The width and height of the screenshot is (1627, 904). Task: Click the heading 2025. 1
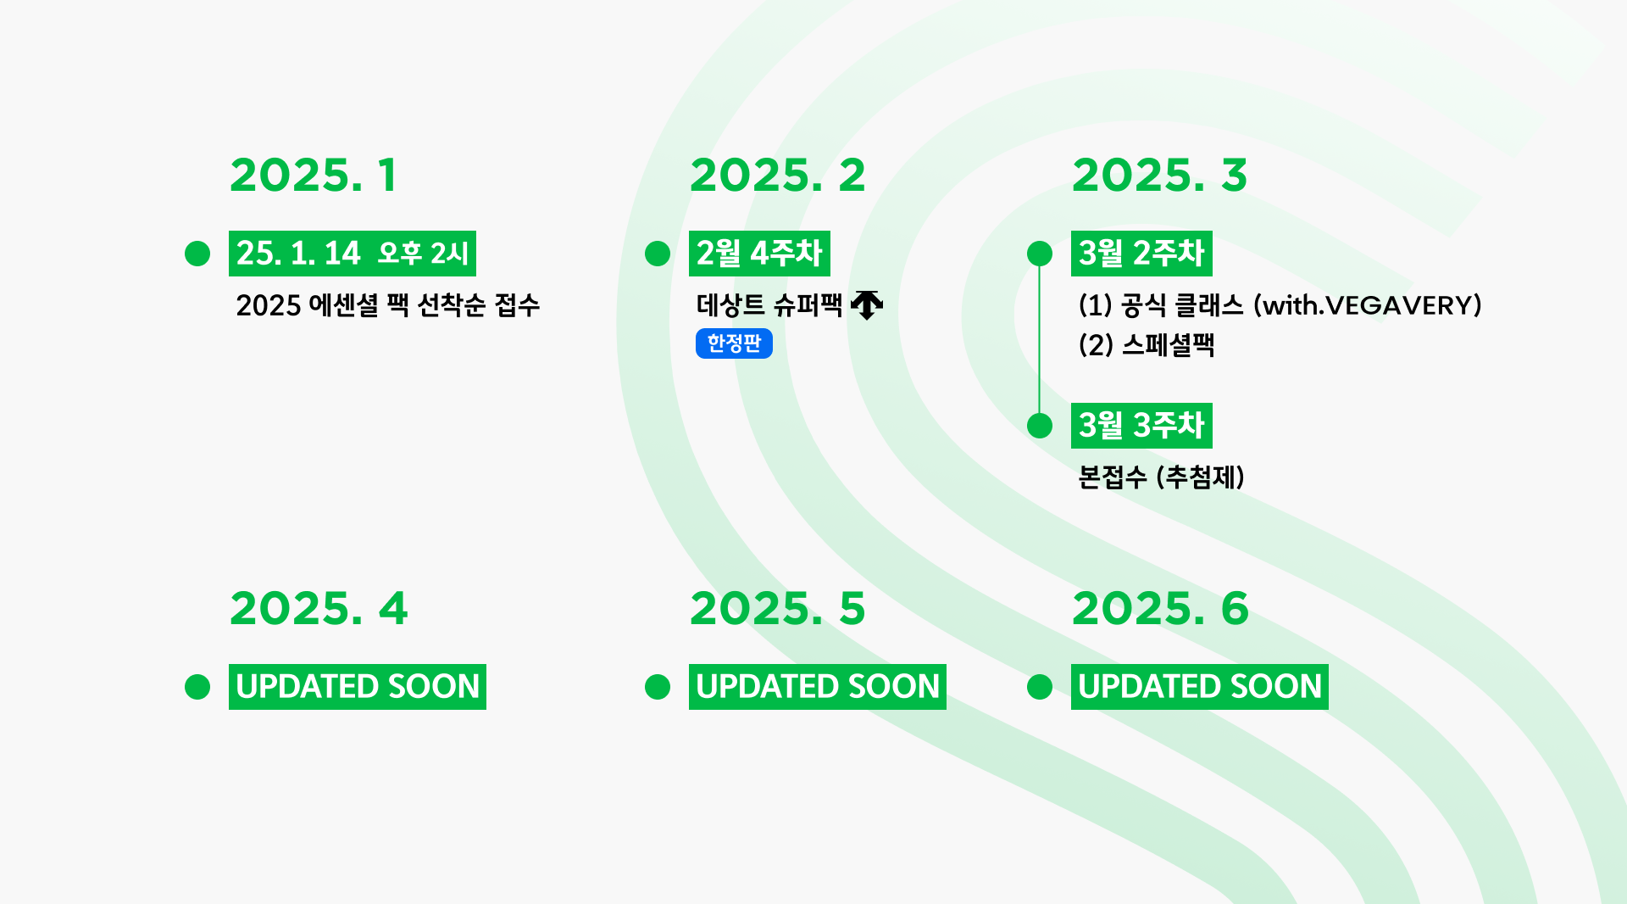[313, 176]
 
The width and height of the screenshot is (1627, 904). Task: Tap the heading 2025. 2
[778, 176]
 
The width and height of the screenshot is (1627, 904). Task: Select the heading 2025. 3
[1159, 176]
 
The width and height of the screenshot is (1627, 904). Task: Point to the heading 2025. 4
[319, 609]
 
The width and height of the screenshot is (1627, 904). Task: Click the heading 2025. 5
[778, 609]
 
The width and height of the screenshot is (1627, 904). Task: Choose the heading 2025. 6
[1160, 609]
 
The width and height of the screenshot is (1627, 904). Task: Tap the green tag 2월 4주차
[759, 254]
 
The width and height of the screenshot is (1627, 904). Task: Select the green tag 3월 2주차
[1141, 254]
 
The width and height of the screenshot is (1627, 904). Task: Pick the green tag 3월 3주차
[1141, 426]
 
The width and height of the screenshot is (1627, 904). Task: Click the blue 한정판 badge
[734, 343]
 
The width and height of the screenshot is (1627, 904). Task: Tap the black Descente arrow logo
[867, 304]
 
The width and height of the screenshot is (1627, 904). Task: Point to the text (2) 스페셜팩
[1147, 345]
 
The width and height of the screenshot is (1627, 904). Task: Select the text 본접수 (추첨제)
[1161, 477]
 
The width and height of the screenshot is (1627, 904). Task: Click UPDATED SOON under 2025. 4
[358, 687]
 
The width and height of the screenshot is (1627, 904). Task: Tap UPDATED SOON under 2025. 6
[1200, 687]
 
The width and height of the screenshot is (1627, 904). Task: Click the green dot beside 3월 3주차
[1040, 426]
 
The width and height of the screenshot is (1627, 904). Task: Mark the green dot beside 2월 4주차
[658, 254]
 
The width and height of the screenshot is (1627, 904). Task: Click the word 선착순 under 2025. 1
[452, 305]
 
